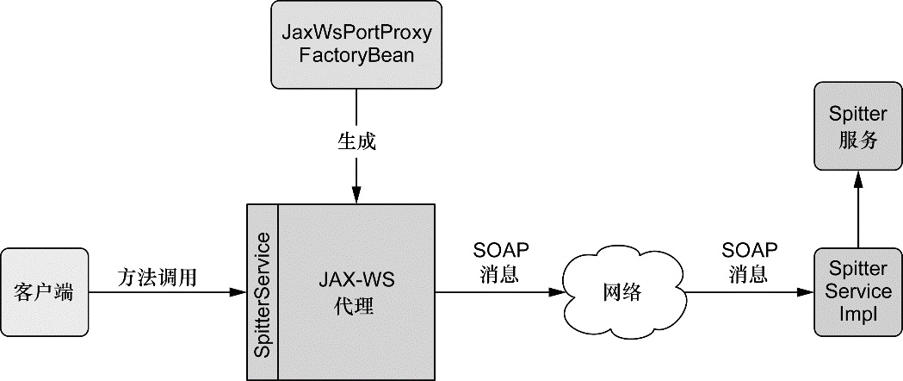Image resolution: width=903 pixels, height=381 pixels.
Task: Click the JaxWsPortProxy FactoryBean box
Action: click(x=356, y=44)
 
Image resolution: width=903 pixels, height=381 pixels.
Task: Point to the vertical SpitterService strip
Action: click(x=263, y=291)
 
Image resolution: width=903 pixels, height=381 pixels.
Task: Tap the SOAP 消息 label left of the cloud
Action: click(x=501, y=262)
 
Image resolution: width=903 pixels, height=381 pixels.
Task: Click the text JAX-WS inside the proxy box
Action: click(x=356, y=281)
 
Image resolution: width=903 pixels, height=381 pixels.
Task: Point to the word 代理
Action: click(x=356, y=305)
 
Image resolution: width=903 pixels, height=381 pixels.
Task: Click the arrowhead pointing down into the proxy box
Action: click(x=356, y=197)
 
